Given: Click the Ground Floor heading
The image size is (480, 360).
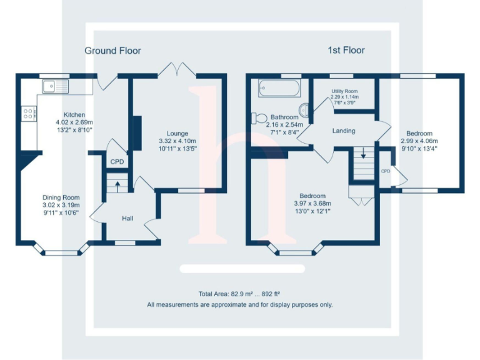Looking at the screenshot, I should point(112,51).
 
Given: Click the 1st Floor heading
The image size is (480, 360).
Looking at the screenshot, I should point(346,50).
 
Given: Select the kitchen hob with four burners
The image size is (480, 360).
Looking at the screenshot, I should point(28,113).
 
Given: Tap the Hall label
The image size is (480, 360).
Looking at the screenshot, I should point(127,218).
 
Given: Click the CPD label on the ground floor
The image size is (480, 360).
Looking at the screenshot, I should point(117,162).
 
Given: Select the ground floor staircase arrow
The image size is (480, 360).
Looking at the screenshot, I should point(116,184).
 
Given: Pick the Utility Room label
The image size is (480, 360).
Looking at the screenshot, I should point(344,91).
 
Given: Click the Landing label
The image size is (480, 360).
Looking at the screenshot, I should point(344,131).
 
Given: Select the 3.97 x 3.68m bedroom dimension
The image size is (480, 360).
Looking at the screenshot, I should point(312,203).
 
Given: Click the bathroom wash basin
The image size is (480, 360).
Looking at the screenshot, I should point(305,111).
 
